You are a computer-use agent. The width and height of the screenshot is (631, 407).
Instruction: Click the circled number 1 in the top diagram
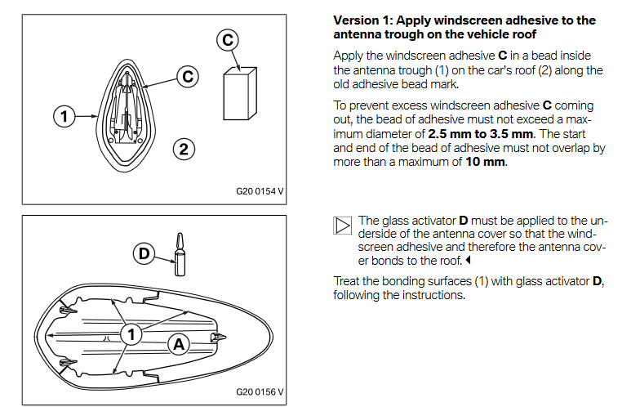(63, 116)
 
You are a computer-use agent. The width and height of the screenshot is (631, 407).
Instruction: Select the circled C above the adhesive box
(229, 38)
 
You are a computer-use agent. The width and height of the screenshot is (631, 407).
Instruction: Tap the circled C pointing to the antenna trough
(188, 77)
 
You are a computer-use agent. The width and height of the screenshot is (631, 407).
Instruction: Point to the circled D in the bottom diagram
(144, 253)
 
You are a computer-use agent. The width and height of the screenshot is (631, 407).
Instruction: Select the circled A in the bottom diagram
(178, 344)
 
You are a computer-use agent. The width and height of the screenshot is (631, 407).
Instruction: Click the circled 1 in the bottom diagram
(130, 333)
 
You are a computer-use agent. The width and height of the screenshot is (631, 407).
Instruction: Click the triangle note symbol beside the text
(343, 226)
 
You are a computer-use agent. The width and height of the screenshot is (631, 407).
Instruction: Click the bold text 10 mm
(485, 161)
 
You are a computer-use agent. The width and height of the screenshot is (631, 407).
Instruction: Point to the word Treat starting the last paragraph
(347, 281)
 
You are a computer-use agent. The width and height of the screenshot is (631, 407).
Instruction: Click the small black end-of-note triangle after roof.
(469, 261)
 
